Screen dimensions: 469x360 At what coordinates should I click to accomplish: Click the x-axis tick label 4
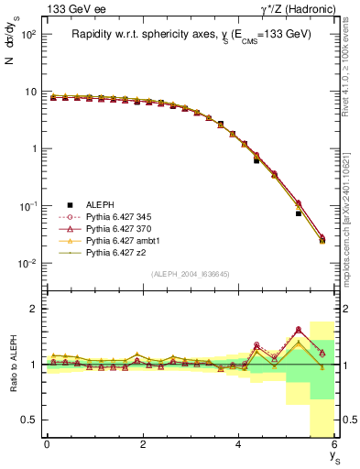(239, 444)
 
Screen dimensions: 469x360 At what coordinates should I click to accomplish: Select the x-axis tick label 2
(143, 444)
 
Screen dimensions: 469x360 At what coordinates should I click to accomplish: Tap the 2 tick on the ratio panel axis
(32, 309)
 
